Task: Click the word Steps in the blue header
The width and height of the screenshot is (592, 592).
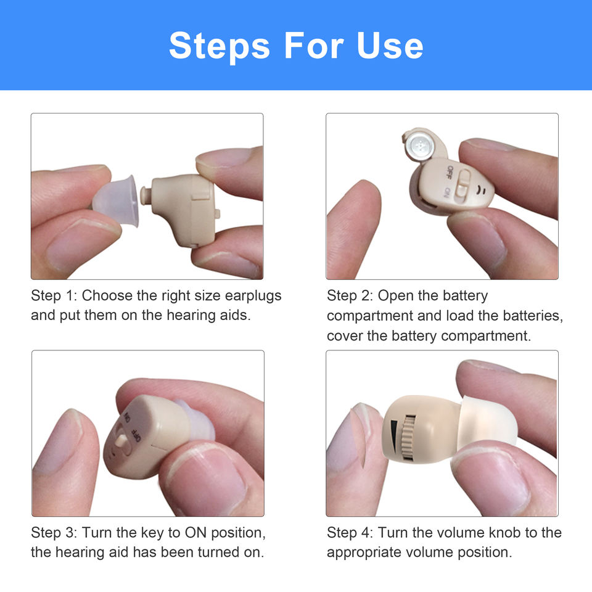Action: click(x=220, y=47)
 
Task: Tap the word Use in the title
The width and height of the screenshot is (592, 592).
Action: click(x=390, y=46)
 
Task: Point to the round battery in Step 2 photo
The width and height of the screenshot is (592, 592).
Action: click(x=419, y=146)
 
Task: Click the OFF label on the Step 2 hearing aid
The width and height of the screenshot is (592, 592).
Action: click(x=449, y=172)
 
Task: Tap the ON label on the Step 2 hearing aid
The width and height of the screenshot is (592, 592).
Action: click(x=446, y=193)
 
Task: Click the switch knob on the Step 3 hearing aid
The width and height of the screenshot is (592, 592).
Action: click(x=121, y=440)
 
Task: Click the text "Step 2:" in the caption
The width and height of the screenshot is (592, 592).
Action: click(x=350, y=295)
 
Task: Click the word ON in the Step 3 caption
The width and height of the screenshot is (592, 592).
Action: click(x=195, y=533)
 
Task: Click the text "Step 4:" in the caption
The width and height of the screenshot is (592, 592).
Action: click(x=350, y=533)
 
